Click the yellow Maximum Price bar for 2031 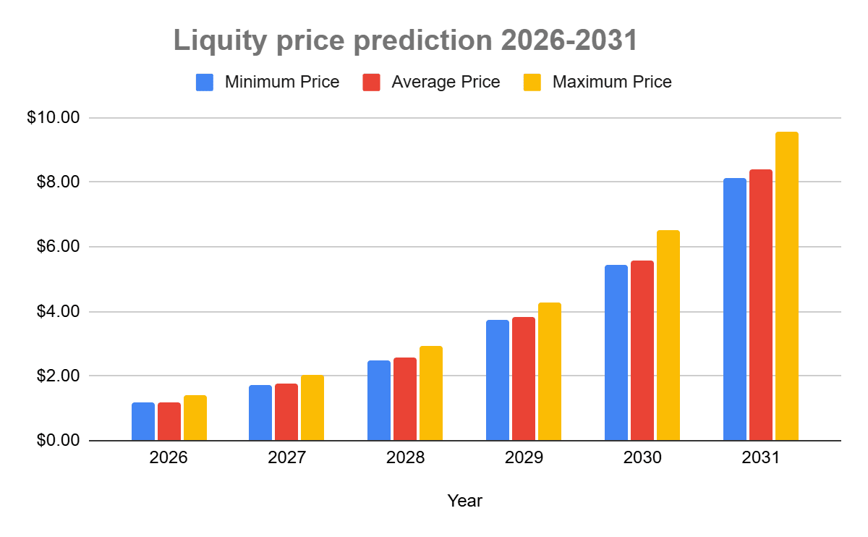point(786,287)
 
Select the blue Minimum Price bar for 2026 point(143,422)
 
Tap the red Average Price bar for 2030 point(642,351)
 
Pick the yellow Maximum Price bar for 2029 point(549,372)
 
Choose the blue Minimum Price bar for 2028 point(378,401)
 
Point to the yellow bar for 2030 point(668,336)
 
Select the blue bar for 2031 point(734,310)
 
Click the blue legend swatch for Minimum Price point(205,83)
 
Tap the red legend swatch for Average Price point(371,83)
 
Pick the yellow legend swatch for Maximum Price point(532,83)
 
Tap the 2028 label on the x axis point(404,458)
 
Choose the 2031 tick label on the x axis point(760,458)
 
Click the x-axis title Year point(464,501)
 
